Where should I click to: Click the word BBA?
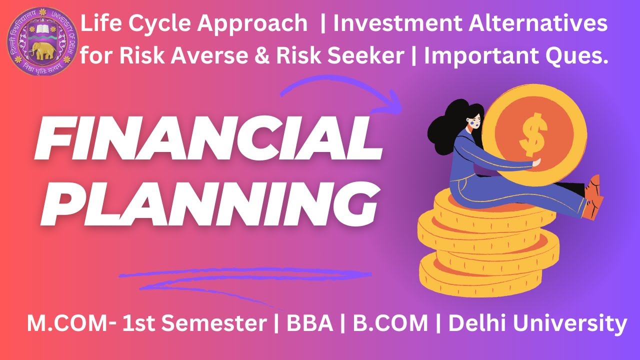pyautogui.click(x=310, y=324)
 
